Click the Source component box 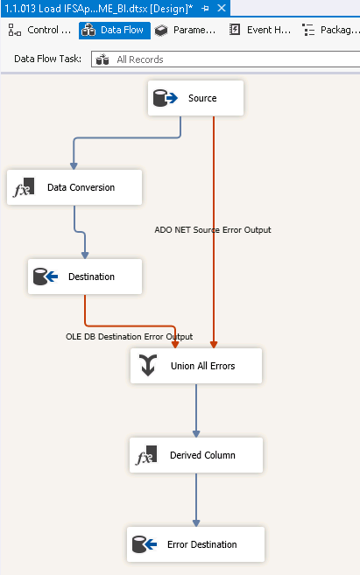195,98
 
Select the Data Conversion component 74,187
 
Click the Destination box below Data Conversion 85,277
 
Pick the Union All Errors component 196,366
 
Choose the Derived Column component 196,455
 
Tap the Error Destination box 195,544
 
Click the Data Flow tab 115,30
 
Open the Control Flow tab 39,30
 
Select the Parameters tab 186,30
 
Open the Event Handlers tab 260,30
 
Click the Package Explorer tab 330,30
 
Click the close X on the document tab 222,8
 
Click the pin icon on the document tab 205,8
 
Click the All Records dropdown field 225,59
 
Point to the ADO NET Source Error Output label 213,230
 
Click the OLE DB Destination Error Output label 129,337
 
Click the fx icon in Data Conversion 24,187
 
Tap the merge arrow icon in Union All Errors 148,365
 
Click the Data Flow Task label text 47,59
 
